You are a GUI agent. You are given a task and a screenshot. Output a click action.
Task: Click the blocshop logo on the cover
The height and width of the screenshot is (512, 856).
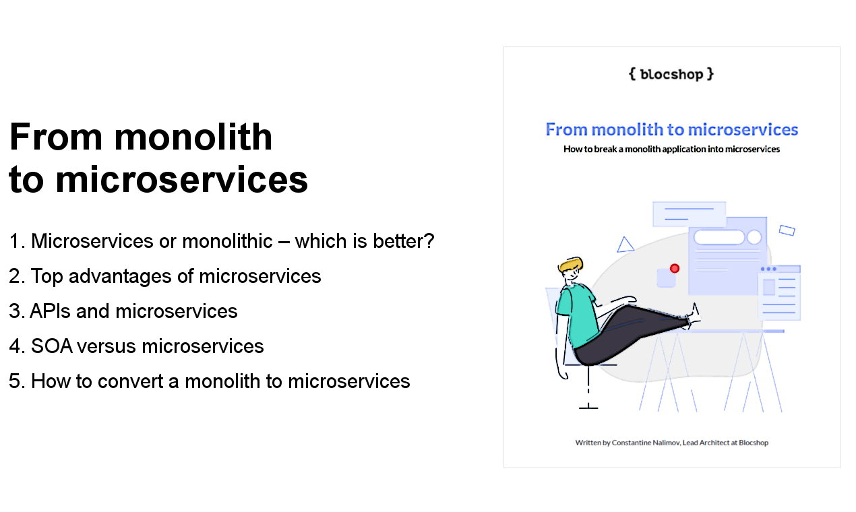tap(671, 74)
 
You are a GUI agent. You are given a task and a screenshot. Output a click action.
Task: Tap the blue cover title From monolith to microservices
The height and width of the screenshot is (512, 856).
tap(671, 129)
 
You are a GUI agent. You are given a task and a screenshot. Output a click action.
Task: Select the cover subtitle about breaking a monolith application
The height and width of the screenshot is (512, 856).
tap(671, 149)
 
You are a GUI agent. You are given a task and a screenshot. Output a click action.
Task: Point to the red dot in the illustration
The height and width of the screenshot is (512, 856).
tap(675, 268)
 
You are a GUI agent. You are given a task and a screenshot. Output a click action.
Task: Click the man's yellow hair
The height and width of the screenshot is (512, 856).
tap(570, 264)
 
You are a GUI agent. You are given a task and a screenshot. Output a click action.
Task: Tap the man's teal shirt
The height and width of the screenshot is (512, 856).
tap(578, 312)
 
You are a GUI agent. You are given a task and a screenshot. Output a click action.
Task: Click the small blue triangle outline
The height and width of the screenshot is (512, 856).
tap(625, 245)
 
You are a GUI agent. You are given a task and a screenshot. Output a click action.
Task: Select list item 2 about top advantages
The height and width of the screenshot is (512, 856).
tap(165, 276)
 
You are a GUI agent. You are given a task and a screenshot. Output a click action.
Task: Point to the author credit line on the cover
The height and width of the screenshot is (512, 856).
tap(671, 443)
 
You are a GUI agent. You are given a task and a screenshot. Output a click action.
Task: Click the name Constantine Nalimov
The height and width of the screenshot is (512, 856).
tap(646, 443)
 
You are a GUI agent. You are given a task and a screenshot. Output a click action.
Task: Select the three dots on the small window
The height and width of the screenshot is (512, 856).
tap(768, 269)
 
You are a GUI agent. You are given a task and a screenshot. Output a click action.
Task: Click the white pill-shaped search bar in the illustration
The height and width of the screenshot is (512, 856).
tap(719, 237)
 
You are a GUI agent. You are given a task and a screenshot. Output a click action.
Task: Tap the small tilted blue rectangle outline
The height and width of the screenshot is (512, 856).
tap(787, 230)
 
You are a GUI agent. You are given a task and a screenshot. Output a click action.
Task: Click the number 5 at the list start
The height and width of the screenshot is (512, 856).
tap(15, 381)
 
